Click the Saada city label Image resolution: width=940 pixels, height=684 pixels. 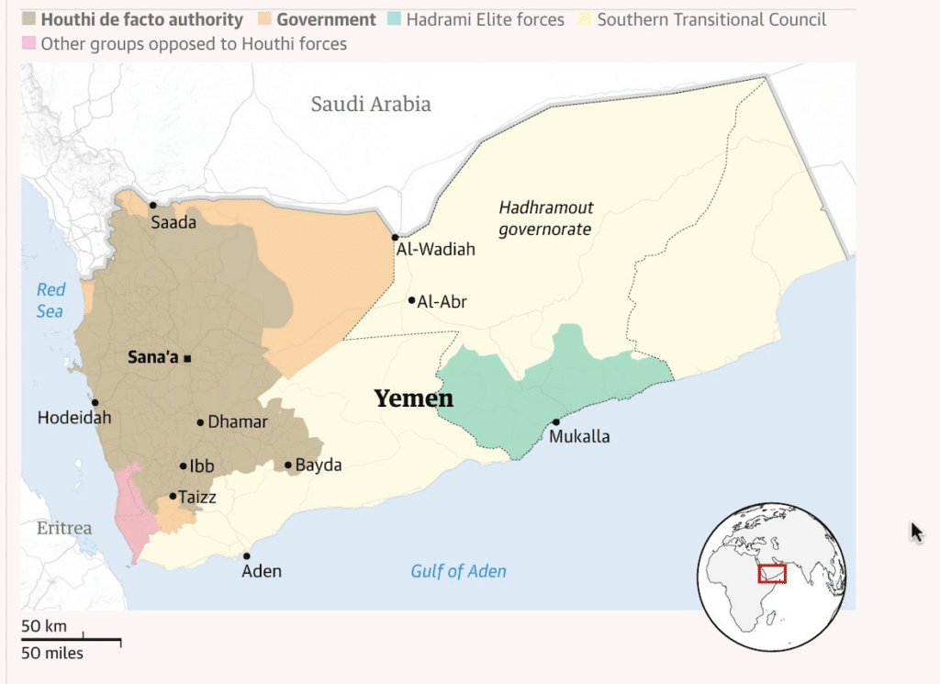pyautogui.click(x=173, y=222)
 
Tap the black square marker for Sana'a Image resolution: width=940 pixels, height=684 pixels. pyautogui.click(x=187, y=358)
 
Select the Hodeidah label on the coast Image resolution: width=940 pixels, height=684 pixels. pyautogui.click(x=73, y=418)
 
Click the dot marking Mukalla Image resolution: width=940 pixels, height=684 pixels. pyautogui.click(x=555, y=422)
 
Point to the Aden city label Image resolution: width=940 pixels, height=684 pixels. pyautogui.click(x=262, y=571)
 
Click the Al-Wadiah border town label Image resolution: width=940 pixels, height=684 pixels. pyautogui.click(x=435, y=249)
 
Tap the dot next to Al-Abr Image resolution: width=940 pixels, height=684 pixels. pyautogui.click(x=412, y=300)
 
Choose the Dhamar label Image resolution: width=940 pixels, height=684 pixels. pyautogui.click(x=238, y=422)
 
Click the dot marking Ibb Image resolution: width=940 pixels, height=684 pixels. pyautogui.click(x=183, y=466)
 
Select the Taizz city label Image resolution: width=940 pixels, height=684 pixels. pyautogui.click(x=197, y=497)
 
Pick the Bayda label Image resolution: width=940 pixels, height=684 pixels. pyautogui.click(x=318, y=465)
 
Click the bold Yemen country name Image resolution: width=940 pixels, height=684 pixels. pyautogui.click(x=413, y=398)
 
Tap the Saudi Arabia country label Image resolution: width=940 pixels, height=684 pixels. pyautogui.click(x=371, y=104)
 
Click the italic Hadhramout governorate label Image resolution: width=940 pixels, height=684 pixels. pyautogui.click(x=545, y=219)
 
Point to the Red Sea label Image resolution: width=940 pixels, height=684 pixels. pyautogui.click(x=50, y=300)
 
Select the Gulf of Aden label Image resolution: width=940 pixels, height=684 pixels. pyautogui.click(x=458, y=571)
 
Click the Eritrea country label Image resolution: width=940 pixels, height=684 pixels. pyautogui.click(x=64, y=528)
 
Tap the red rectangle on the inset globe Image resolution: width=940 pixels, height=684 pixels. pyautogui.click(x=772, y=574)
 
